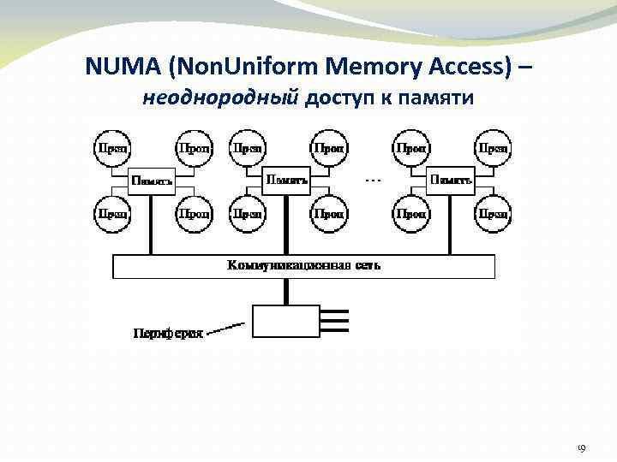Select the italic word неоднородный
tap(222, 99)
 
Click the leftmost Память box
tap(153, 181)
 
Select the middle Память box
tap(287, 181)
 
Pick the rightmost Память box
tap(451, 181)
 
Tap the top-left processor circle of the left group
tap(111, 148)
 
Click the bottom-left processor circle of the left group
tap(111, 213)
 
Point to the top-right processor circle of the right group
tap(493, 148)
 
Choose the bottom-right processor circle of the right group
tap(493, 213)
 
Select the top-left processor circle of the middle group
tap(247, 148)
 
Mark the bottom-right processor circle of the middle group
tap(329, 213)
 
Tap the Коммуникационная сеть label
tap(304, 266)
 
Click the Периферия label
tap(168, 333)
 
